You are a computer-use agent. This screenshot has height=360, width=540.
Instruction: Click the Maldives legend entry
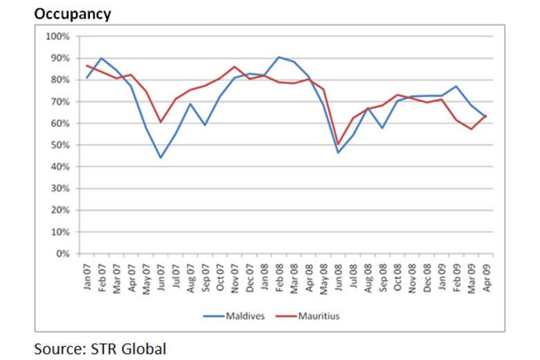pos(244,317)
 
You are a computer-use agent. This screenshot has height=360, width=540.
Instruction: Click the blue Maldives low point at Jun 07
pos(161,158)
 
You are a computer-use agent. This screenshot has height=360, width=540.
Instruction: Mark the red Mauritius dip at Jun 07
pos(161,122)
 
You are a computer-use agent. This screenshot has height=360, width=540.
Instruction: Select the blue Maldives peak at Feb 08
pos(279,57)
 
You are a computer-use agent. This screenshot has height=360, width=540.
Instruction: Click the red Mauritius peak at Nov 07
pos(235,66)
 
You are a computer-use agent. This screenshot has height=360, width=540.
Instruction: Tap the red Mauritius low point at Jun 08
pos(339,145)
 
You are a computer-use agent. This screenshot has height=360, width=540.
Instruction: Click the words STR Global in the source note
pos(128,348)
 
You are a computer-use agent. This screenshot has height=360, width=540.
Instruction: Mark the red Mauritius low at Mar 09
pos(471,129)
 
